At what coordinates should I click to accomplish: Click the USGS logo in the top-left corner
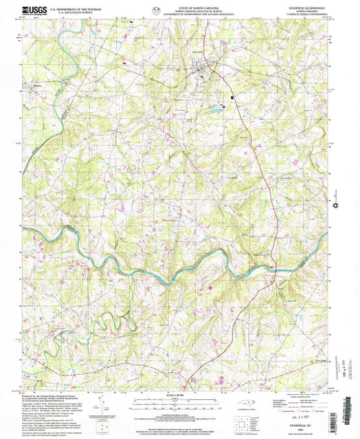pyautogui.click(x=35, y=9)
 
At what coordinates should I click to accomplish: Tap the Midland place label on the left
pyautogui.click(x=38, y=86)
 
